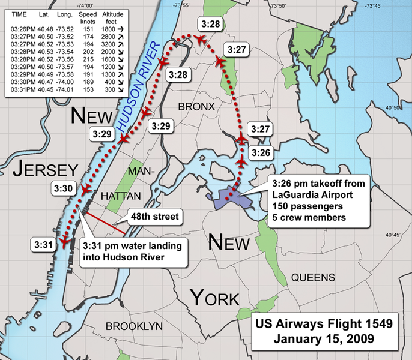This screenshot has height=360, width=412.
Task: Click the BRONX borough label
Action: [x=196, y=106]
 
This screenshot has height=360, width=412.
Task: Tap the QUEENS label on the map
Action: [x=313, y=277]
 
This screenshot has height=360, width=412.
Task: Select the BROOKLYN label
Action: [x=135, y=326]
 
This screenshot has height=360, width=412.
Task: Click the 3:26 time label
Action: [x=261, y=153]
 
